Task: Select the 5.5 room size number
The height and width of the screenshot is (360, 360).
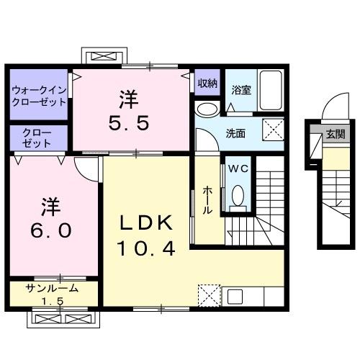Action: pos(130,123)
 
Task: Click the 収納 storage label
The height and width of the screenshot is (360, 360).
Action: pos(207,84)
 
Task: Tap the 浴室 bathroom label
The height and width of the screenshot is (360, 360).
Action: pos(240,91)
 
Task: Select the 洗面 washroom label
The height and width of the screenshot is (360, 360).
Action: pos(235,133)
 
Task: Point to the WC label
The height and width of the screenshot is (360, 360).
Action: pos(237,168)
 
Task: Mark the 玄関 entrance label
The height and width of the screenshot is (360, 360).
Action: pos(335,134)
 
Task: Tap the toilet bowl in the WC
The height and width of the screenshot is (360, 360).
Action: pos(238,193)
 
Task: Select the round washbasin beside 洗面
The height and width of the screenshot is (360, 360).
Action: pos(206,110)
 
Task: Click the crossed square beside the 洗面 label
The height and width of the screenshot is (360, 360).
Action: pos(273,132)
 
